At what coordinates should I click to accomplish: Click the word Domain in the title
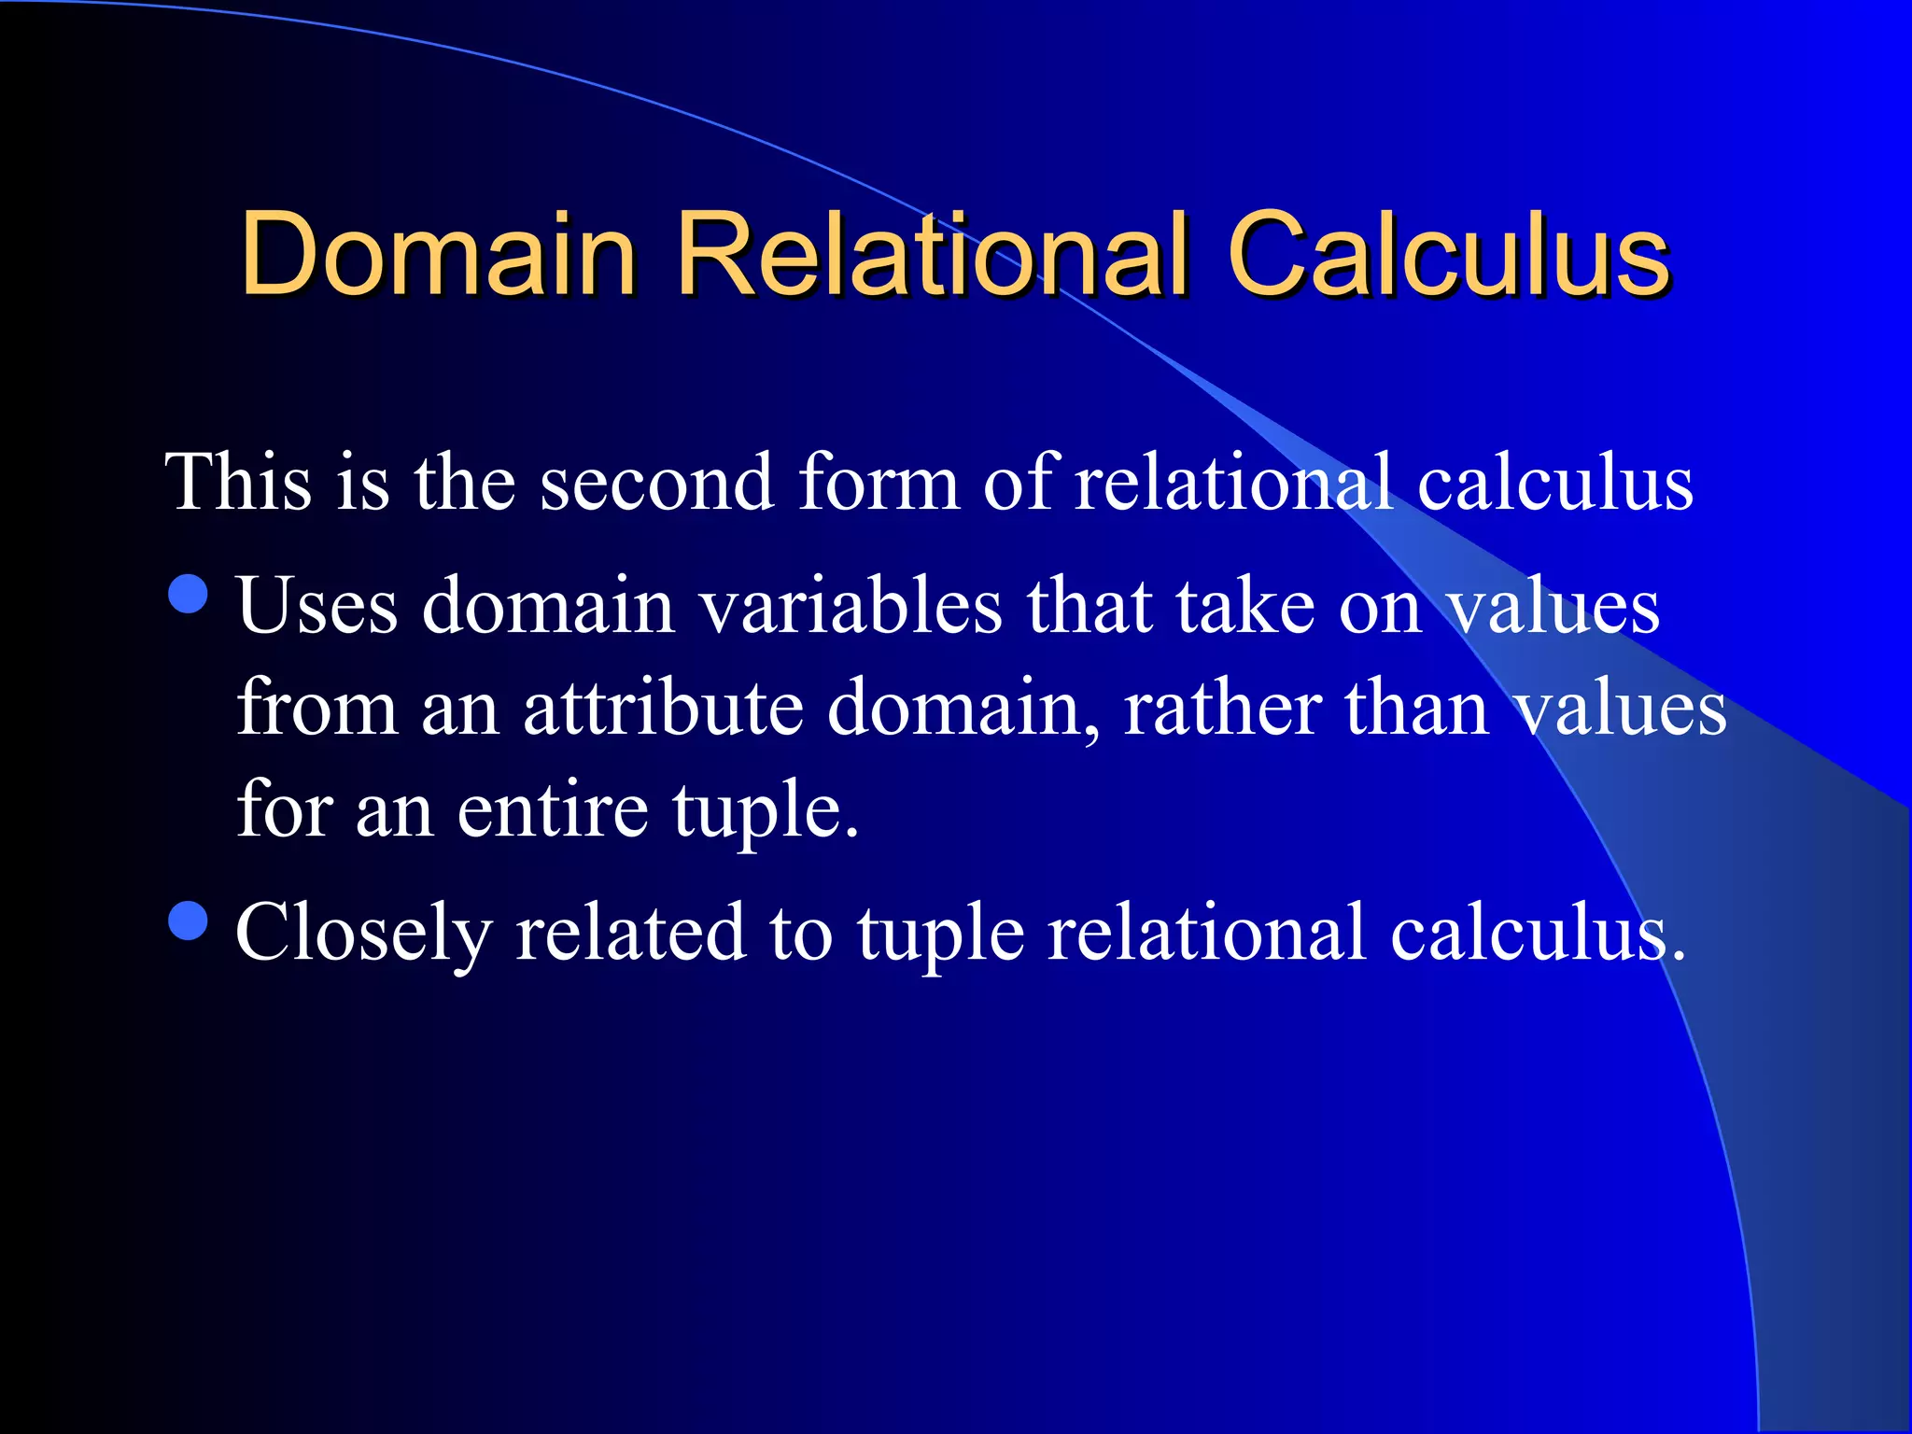coord(438,254)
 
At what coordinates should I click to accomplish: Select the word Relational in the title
coord(933,254)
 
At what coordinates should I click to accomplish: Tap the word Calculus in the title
coord(1448,254)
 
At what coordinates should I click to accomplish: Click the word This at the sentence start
coord(238,482)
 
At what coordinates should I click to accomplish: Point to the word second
coord(656,482)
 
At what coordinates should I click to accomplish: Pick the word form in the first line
coord(879,482)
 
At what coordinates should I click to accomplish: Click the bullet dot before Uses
coord(189,594)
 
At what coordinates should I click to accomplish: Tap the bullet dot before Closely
coord(189,920)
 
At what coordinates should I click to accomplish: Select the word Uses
coord(317,607)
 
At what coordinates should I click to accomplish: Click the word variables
coord(851,607)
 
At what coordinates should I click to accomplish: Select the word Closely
coord(363,934)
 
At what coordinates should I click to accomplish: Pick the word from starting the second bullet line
coord(317,708)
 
